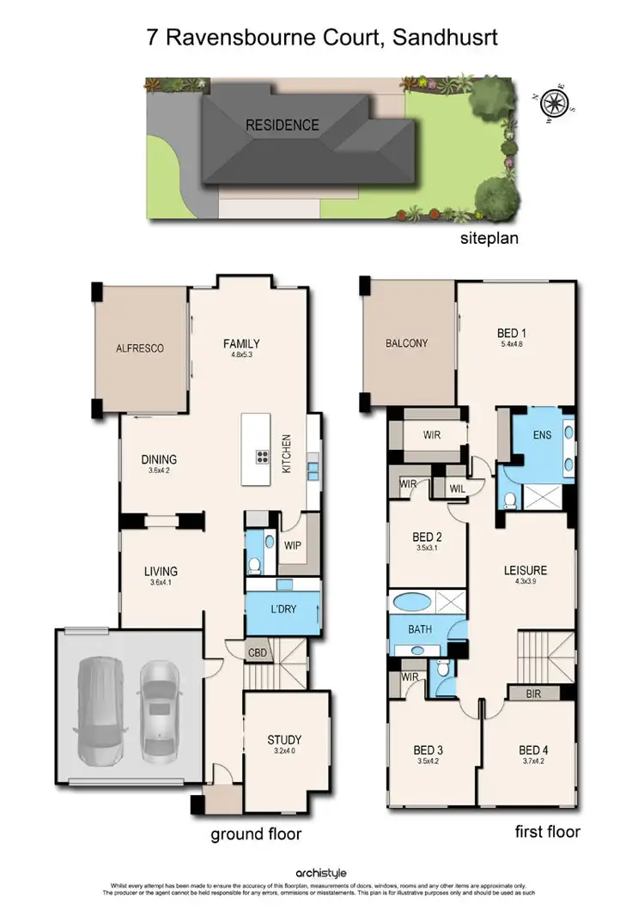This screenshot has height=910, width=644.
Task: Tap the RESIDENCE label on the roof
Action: click(283, 125)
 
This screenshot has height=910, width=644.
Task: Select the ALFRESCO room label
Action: click(139, 349)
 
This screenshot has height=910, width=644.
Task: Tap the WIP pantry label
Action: click(292, 544)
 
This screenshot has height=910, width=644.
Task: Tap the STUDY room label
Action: click(284, 740)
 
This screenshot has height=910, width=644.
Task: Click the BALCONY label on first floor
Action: click(406, 343)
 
